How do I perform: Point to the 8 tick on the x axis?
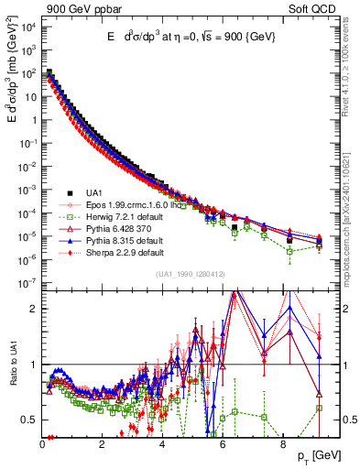click(x=282, y=443)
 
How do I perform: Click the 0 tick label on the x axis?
click(x=43, y=443)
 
